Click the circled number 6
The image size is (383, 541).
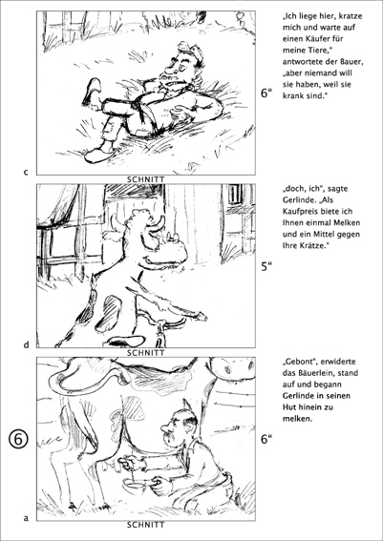(x=17, y=440)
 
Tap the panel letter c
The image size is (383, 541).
(x=26, y=172)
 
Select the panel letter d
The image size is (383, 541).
(x=26, y=344)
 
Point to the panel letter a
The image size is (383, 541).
(x=26, y=518)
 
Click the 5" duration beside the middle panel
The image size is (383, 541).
(x=266, y=266)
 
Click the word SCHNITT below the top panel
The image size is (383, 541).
(x=146, y=179)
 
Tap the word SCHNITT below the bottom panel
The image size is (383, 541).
(x=146, y=525)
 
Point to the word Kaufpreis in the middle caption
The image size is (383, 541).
(x=300, y=212)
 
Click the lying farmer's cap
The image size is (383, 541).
(x=190, y=51)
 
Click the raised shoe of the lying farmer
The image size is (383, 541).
(x=92, y=92)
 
